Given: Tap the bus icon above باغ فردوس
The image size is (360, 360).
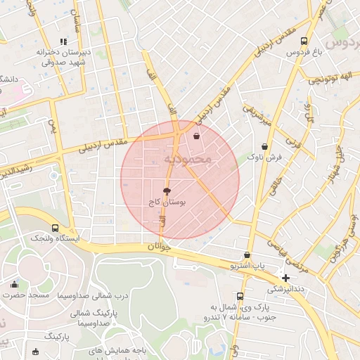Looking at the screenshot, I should click(304, 41).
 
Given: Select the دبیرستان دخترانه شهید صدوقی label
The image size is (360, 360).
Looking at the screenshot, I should click(63, 57).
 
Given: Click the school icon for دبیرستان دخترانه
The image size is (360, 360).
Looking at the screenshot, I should click(63, 42).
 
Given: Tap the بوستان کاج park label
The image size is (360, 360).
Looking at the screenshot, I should click(167, 202).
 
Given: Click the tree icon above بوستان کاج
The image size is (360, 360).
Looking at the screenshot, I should click(167, 191).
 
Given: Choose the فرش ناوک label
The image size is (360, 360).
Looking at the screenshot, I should click(264, 157).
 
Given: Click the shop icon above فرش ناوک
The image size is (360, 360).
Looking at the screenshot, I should click(264, 146).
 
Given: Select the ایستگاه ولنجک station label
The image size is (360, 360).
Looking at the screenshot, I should click(55, 239).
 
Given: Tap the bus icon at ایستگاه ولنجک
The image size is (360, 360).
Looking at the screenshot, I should click(56, 228).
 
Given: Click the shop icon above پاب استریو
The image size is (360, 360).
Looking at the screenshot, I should click(247, 255).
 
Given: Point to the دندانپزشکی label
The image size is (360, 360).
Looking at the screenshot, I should click(285, 289).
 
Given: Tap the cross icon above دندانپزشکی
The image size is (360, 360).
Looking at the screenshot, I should click(285, 278).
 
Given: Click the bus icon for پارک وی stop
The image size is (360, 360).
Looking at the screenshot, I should click(240, 296).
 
